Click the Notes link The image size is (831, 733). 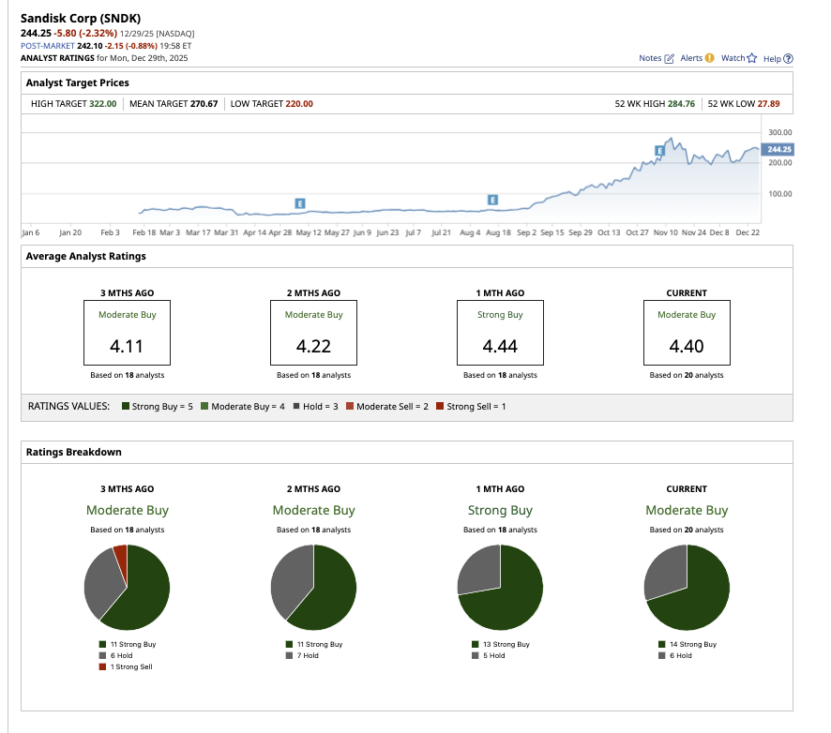tap(656, 58)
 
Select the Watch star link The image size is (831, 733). tap(738, 58)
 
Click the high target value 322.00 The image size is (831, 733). tap(103, 104)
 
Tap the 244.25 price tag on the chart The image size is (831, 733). tap(778, 149)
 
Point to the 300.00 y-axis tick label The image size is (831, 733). tap(779, 132)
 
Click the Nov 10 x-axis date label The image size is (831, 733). tap(667, 232)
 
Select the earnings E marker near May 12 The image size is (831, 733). tap(300, 202)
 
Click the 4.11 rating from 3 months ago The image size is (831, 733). tap(127, 346)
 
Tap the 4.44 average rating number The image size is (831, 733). tap(500, 346)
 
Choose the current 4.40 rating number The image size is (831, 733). tap(687, 346)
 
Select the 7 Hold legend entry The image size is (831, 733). tap(306, 656)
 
